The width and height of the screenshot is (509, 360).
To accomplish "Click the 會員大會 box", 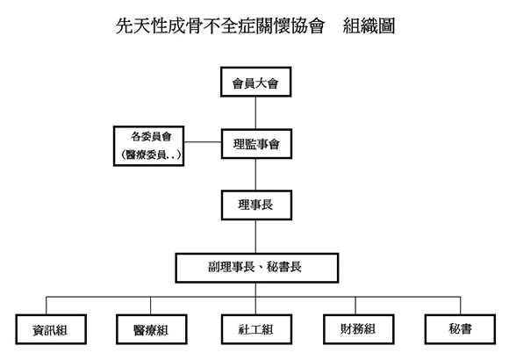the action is [x=255, y=82].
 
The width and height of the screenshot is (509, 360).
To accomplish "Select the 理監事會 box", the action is [x=256, y=144].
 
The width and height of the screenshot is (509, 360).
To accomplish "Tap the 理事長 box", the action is [x=256, y=205].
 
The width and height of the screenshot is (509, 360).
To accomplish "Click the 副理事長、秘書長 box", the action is [x=257, y=268].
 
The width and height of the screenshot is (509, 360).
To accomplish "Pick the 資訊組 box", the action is [x=51, y=329].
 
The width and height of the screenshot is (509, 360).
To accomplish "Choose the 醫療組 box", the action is [x=152, y=329].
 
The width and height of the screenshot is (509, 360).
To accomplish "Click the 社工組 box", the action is [x=256, y=329].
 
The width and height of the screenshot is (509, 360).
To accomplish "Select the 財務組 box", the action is [x=358, y=329].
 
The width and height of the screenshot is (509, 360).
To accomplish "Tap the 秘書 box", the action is [x=460, y=329].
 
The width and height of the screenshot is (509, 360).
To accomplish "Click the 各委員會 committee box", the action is [x=148, y=146].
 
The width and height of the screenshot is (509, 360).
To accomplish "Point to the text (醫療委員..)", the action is [x=151, y=155].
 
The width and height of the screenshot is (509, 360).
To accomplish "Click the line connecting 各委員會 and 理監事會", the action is [x=203, y=142].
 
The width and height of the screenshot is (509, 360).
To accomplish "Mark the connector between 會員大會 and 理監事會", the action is [x=255, y=112].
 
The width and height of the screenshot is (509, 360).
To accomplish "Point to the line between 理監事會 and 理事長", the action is [x=255, y=175].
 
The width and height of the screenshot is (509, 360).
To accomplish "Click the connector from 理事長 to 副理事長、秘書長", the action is [x=255, y=236].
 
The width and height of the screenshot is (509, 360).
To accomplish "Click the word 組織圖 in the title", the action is [x=369, y=26].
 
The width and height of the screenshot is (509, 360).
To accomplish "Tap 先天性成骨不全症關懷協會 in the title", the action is [x=220, y=26].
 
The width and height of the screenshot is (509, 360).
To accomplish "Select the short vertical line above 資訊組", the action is [x=47, y=306].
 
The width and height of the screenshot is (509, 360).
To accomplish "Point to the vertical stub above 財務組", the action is [x=355, y=306].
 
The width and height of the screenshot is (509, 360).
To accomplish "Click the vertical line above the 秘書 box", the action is [x=461, y=306].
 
